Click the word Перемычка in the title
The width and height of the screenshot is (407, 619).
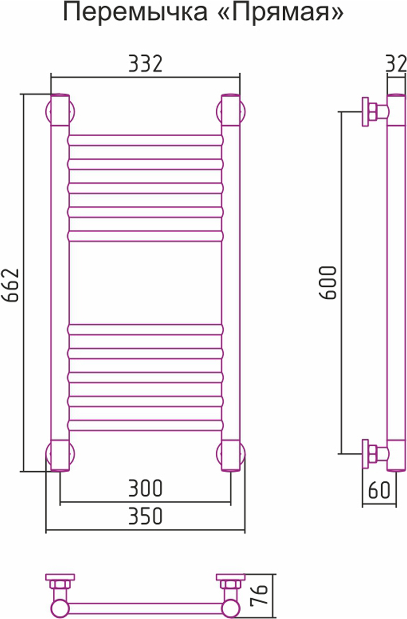(135, 13)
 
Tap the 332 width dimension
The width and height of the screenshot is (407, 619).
(146, 64)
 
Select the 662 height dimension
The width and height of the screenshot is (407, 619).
(11, 285)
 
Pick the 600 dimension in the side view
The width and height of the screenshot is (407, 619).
(328, 283)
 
